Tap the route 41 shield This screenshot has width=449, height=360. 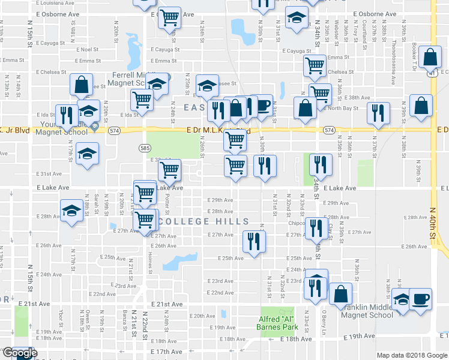coord(432,74)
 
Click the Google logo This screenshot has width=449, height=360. coord(20,353)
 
